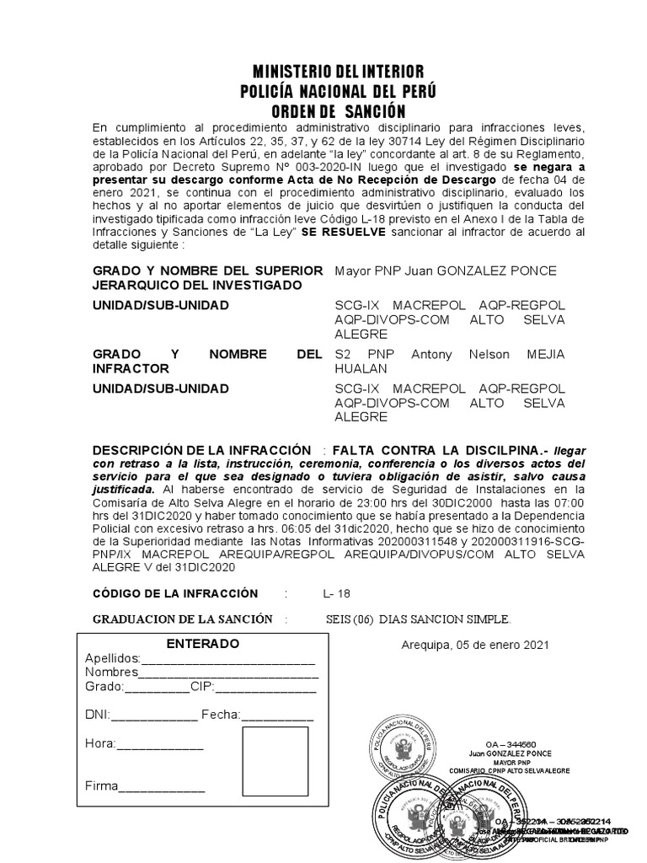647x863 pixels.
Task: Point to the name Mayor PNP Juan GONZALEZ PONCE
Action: click(x=446, y=271)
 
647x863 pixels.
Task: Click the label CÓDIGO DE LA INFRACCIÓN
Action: click(x=175, y=593)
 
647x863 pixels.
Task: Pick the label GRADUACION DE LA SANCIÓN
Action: click(x=182, y=619)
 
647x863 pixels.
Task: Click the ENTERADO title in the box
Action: click(x=202, y=644)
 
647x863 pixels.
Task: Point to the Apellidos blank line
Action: click(x=227, y=659)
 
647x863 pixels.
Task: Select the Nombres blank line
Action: click(x=228, y=673)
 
